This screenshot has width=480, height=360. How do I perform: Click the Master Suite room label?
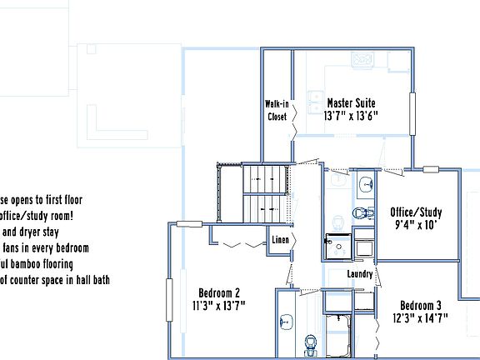tap(352, 103)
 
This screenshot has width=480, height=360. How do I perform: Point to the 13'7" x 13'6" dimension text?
tap(352, 117)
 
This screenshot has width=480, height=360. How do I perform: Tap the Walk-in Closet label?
tap(277, 110)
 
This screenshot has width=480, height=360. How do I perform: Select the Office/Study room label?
tap(416, 212)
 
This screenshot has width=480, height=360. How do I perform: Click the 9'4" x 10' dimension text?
tap(416, 225)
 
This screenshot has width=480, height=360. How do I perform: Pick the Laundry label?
tap(359, 274)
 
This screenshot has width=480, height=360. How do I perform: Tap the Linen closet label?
tap(281, 241)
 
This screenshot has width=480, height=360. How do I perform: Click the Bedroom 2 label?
tap(219, 292)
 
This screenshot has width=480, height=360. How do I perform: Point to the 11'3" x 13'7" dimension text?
tap(219, 305)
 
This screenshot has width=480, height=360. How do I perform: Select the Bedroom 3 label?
tap(420, 304)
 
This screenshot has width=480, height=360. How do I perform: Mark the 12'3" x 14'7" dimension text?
tap(420, 317)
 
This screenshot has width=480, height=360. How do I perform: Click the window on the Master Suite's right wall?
tap(412, 112)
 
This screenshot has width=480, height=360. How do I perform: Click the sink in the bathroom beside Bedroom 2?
tap(287, 321)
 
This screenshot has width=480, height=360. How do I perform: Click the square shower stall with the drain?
tap(337, 246)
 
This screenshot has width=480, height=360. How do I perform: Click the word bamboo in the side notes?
tap(37, 264)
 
